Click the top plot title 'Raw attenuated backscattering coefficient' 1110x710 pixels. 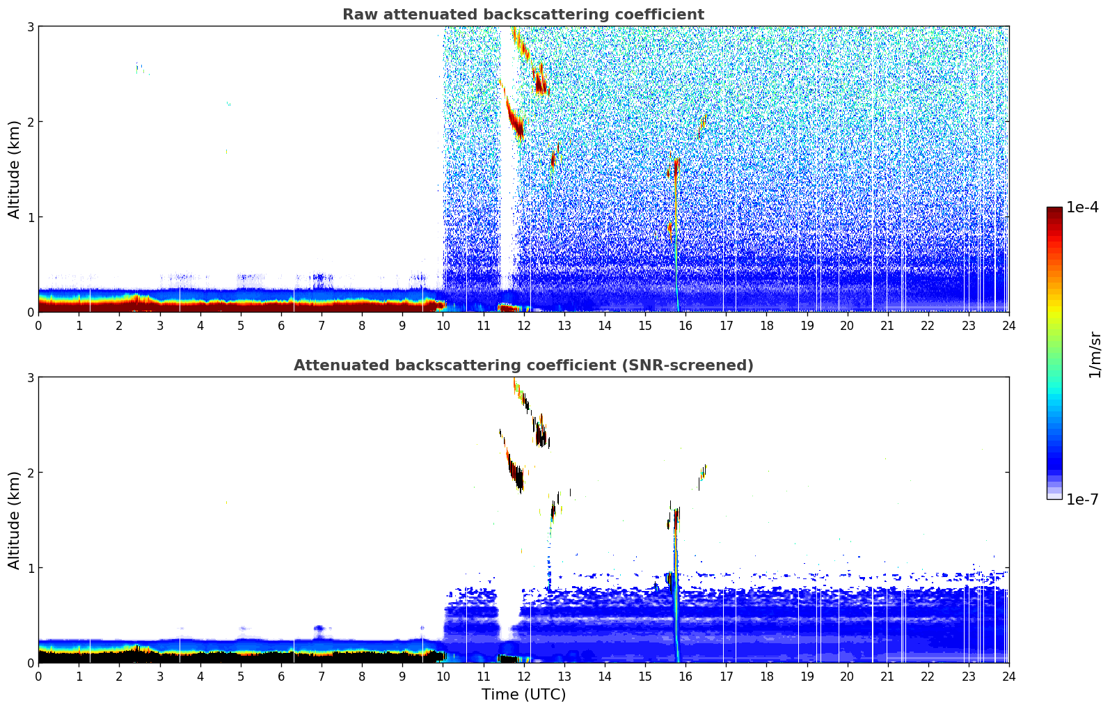click(523, 15)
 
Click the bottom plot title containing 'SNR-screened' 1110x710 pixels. click(523, 365)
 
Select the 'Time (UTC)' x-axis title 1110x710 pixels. click(523, 694)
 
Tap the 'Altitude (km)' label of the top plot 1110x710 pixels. click(15, 169)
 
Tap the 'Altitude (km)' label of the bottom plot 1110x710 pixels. click(15, 520)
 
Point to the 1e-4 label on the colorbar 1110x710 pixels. click(1082, 207)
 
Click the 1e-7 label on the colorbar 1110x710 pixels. click(1082, 499)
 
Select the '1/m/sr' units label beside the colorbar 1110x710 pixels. click(1095, 355)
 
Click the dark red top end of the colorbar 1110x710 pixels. click(1054, 210)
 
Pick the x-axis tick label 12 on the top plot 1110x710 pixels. click(523, 325)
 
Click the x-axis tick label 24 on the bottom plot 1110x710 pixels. click(1008, 676)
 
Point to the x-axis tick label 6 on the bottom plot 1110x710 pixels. click(281, 676)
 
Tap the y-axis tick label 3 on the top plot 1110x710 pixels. click(31, 26)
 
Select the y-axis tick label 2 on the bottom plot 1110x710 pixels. click(31, 473)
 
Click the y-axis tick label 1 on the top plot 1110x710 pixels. click(31, 217)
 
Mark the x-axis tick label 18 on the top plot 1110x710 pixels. click(766, 325)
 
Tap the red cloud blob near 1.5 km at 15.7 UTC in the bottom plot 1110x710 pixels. click(675, 516)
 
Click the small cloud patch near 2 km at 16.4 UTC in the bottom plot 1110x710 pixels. click(703, 472)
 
